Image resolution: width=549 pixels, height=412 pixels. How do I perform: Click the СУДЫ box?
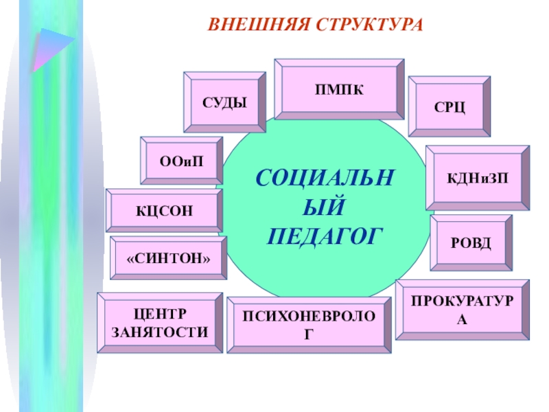coord(224,102)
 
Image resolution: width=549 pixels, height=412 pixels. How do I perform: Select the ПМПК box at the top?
coord(339,89)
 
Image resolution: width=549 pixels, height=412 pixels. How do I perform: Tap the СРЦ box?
coord(449,106)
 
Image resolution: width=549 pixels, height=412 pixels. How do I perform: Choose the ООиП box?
coord(182,161)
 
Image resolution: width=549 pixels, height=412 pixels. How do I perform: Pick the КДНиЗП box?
coord(478,178)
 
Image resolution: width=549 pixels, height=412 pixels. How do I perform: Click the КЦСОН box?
coord(164,210)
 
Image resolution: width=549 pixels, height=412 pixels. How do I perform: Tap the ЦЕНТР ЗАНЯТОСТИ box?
coord(160,323)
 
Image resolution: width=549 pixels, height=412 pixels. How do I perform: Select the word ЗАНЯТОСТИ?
coord(160,332)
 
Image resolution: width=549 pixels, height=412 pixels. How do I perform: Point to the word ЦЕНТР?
coord(160,314)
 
